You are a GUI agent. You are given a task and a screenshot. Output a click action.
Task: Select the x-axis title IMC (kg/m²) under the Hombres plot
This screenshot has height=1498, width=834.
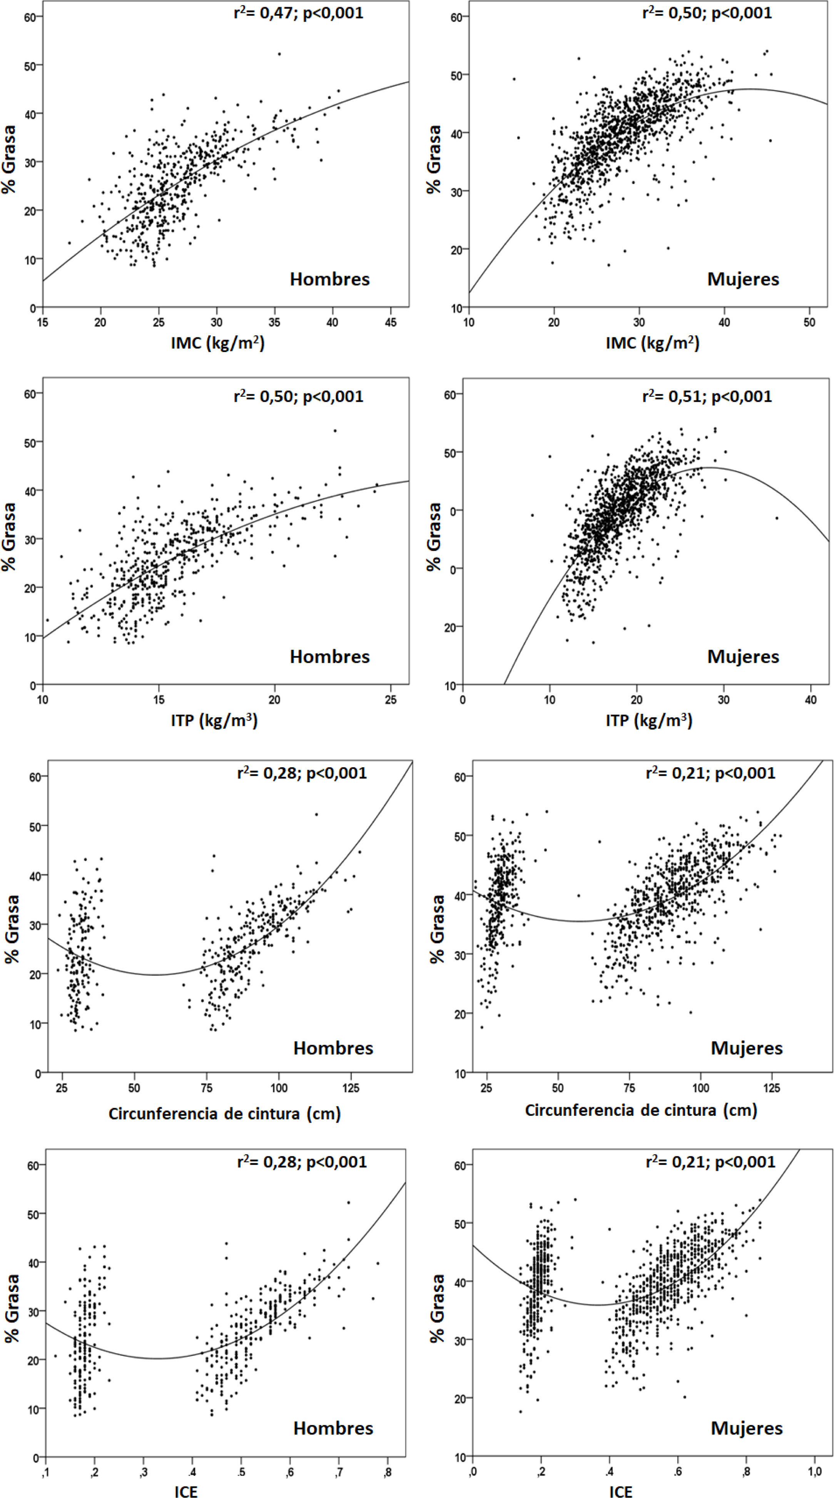pyautogui.click(x=217, y=343)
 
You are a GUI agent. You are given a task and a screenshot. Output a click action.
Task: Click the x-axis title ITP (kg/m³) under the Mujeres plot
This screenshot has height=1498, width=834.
pyautogui.click(x=648, y=721)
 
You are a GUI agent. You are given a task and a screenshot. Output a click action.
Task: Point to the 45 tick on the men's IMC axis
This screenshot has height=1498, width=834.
pyautogui.click(x=391, y=322)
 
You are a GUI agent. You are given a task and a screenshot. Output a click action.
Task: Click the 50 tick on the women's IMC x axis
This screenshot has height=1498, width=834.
pyautogui.click(x=809, y=322)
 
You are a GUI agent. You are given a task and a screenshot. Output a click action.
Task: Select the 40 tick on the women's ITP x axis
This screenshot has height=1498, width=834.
pyautogui.click(x=810, y=699)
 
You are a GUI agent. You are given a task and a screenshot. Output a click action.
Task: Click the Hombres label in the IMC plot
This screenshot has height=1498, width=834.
pyautogui.click(x=329, y=279)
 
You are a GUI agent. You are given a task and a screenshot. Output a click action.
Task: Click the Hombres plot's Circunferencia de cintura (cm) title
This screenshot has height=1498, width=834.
pyautogui.click(x=224, y=1114)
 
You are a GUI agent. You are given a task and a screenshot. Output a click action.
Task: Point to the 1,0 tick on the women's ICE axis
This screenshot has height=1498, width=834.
pyautogui.click(x=814, y=1471)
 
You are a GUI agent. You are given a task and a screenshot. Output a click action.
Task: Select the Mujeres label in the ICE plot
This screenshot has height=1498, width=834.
pyautogui.click(x=746, y=1428)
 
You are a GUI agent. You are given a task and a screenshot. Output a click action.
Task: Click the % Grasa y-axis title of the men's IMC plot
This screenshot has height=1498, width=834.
pyautogui.click(x=9, y=159)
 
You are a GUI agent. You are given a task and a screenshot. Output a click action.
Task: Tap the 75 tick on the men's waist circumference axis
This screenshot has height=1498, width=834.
pyautogui.click(x=206, y=1089)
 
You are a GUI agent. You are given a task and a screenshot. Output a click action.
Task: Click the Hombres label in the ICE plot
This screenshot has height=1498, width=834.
pyautogui.click(x=333, y=1428)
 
